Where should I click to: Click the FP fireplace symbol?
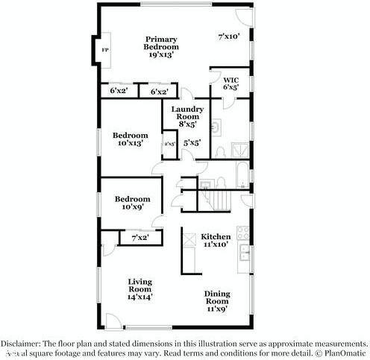(x=104, y=51)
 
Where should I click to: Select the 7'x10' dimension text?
(x=229, y=35)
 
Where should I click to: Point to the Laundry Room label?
(x=186, y=117)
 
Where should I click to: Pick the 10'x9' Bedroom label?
(x=132, y=203)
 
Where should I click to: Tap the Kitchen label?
(x=216, y=239)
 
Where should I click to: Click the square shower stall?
(x=241, y=148)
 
